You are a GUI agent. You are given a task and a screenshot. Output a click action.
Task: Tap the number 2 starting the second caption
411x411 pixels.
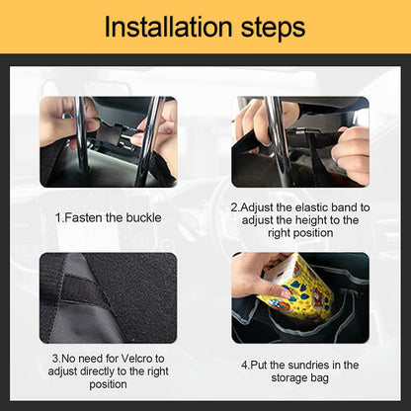[x=233, y=207]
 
